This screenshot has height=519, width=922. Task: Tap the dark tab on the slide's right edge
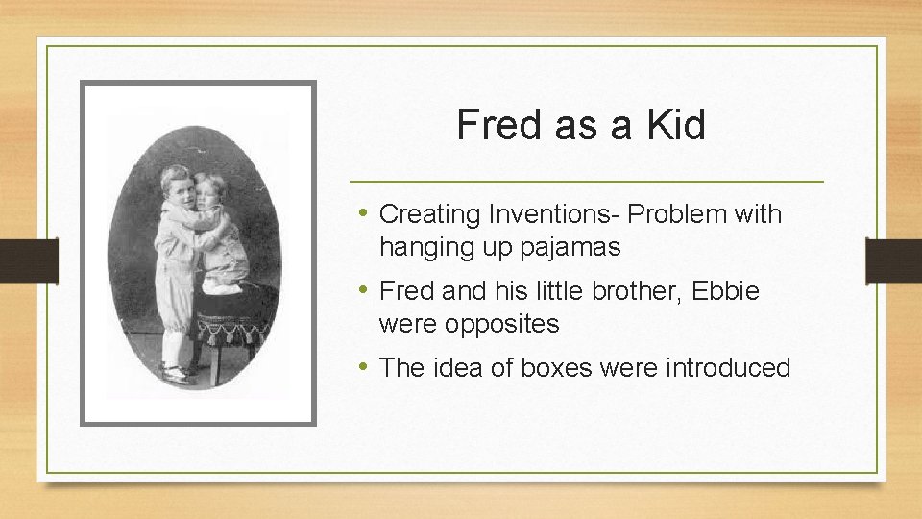pos(893,259)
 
